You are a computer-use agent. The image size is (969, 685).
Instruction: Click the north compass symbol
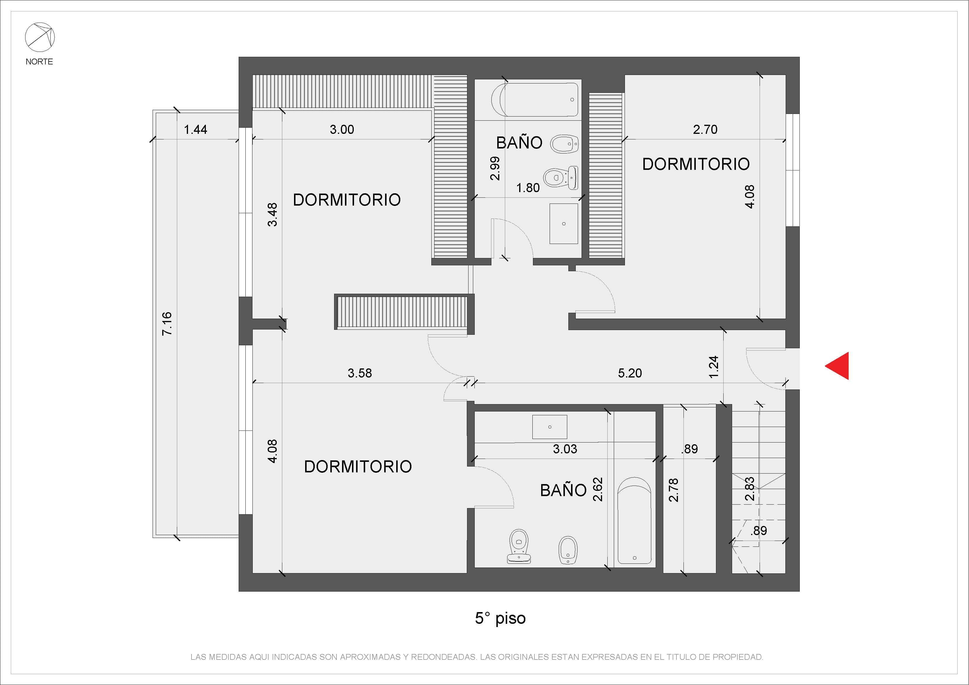[40, 37]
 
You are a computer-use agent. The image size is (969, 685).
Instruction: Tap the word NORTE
[39, 62]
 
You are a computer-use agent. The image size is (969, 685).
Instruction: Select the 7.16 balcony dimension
[167, 323]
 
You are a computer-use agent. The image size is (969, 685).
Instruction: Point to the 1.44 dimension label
[195, 129]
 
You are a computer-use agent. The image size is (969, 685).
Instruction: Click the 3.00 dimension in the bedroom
[342, 129]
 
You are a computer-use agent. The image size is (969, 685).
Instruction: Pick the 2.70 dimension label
[705, 129]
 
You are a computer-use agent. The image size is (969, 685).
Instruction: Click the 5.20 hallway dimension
[630, 373]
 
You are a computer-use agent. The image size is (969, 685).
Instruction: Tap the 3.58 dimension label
[360, 373]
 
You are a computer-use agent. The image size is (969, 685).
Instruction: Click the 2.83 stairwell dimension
[750, 489]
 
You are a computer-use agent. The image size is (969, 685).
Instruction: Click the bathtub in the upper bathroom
[535, 100]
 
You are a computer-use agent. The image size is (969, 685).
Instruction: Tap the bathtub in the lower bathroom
[634, 520]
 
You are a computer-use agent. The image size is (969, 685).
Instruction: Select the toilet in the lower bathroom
[519, 546]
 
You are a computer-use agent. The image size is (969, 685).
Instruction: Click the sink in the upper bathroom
[564, 224]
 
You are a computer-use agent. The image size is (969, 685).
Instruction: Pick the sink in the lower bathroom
[549, 427]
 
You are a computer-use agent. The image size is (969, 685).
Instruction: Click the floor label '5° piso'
[500, 618]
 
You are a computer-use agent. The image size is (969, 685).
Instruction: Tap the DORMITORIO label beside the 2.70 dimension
[696, 164]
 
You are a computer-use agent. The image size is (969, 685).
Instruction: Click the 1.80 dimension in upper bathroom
[528, 188]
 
